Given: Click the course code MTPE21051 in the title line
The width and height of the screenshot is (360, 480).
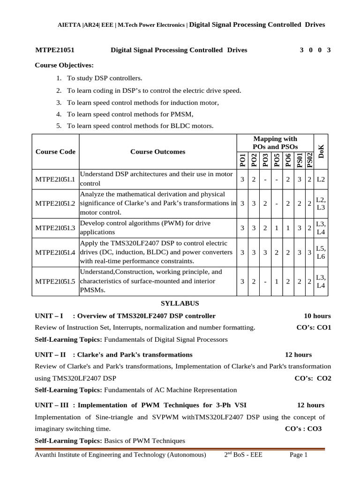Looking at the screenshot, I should [x=55, y=50].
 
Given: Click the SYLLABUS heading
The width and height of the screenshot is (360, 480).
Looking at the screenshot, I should [x=180, y=303].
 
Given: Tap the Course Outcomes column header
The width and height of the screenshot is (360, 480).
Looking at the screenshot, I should [x=157, y=151].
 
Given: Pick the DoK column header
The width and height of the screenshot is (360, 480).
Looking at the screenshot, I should [x=321, y=151].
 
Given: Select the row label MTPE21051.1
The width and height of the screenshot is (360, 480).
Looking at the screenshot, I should [x=55, y=179].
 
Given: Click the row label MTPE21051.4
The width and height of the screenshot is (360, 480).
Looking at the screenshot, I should [x=55, y=252].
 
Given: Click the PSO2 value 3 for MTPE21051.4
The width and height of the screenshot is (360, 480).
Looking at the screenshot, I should [x=310, y=252].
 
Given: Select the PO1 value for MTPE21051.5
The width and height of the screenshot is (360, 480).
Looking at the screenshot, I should [x=242, y=281].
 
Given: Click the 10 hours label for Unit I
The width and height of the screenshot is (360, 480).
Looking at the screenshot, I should [x=317, y=315].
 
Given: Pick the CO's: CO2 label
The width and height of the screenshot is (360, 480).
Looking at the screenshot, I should [x=313, y=378].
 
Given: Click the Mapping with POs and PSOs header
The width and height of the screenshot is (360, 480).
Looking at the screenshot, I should [x=275, y=142].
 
